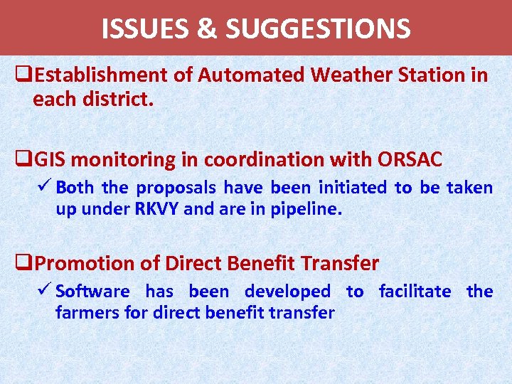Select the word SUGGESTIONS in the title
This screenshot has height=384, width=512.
[x=318, y=29]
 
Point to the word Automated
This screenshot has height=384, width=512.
[x=244, y=75]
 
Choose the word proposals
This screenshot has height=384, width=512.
[x=176, y=188]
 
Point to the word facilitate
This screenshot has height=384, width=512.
[x=415, y=291]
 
